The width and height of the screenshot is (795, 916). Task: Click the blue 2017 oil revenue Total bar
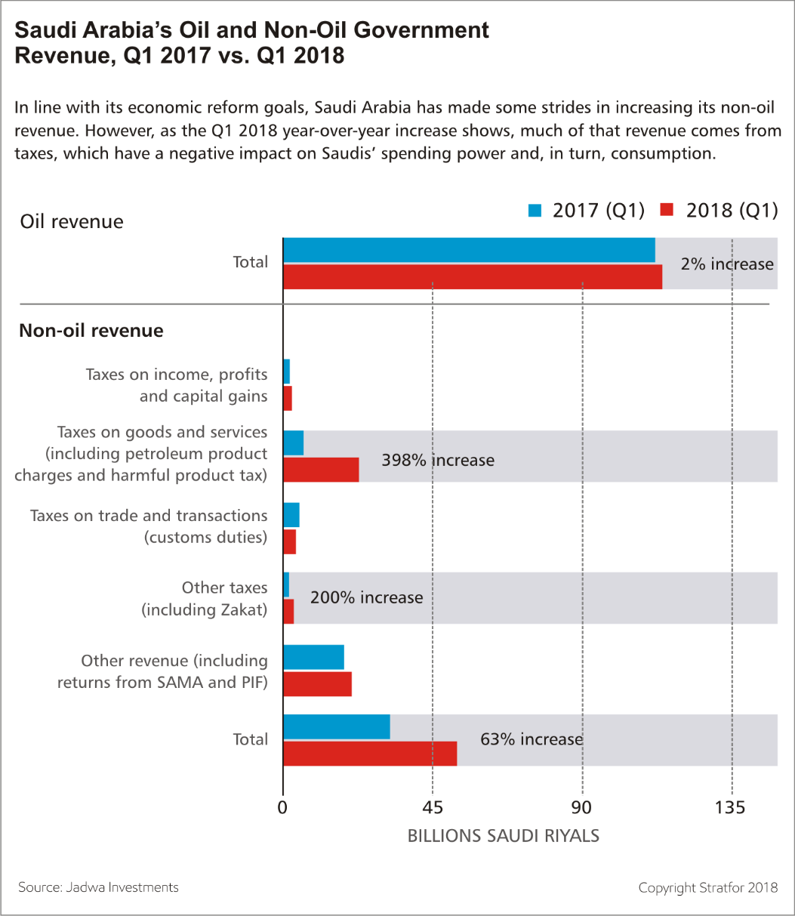pyautogui.click(x=469, y=250)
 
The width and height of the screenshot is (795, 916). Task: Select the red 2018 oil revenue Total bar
pyautogui.click(x=473, y=276)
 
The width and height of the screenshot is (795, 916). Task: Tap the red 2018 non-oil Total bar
pyautogui.click(x=370, y=754)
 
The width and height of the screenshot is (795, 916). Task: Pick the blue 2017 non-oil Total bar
pyautogui.click(x=337, y=727)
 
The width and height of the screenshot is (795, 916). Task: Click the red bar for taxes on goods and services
pyautogui.click(x=321, y=470)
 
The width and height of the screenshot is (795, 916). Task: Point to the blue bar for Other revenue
pyautogui.click(x=313, y=657)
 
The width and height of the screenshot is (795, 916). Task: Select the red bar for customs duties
pyautogui.click(x=289, y=542)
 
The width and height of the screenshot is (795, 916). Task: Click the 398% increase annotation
pyautogui.click(x=438, y=460)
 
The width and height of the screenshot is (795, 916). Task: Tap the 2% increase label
pyautogui.click(x=726, y=264)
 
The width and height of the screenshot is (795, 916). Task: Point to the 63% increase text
pyautogui.click(x=531, y=739)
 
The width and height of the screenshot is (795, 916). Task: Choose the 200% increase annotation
pyautogui.click(x=366, y=597)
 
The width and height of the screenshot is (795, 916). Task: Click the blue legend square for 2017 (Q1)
pyautogui.click(x=535, y=210)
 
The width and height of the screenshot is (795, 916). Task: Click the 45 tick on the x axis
pyautogui.click(x=432, y=808)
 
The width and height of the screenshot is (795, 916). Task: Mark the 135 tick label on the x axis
pyautogui.click(x=729, y=808)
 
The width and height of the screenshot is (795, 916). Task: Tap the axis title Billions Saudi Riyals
pyautogui.click(x=503, y=836)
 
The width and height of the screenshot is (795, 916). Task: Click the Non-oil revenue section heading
pyautogui.click(x=91, y=331)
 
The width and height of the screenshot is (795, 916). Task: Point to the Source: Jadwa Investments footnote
pyautogui.click(x=98, y=887)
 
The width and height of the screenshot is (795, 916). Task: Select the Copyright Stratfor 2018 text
pyautogui.click(x=707, y=887)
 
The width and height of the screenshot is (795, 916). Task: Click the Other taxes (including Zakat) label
pyautogui.click(x=205, y=599)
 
